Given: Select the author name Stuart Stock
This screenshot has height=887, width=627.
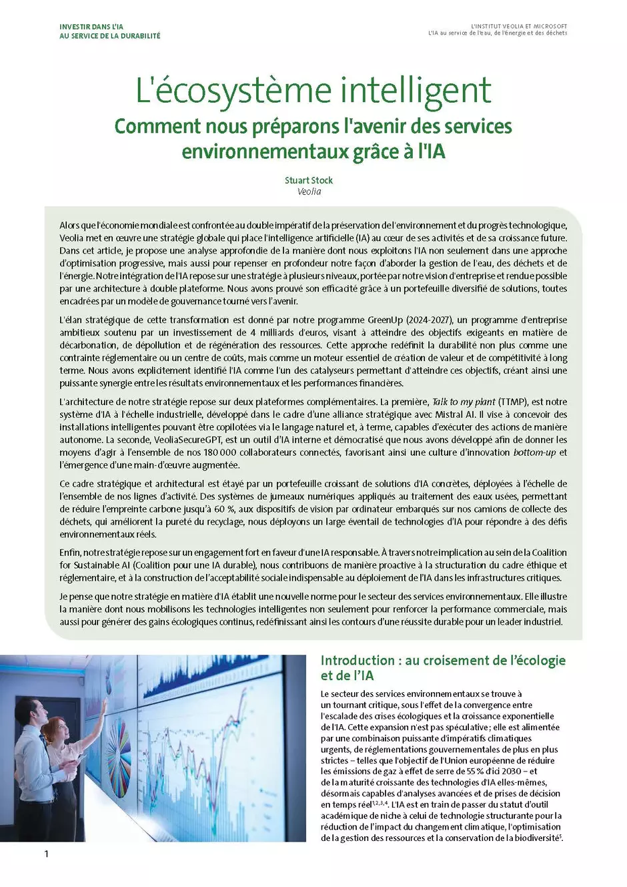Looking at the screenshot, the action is [308, 180].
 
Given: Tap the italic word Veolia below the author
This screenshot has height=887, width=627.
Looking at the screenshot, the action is [309, 192].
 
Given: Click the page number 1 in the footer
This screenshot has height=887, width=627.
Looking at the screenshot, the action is [46, 854].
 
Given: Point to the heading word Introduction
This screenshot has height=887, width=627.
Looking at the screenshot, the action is [358, 660].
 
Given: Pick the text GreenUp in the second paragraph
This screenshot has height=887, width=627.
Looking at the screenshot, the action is [386, 320].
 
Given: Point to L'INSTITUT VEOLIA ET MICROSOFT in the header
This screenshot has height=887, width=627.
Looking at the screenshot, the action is [518, 27].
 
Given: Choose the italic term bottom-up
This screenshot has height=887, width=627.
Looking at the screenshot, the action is [534, 453].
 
